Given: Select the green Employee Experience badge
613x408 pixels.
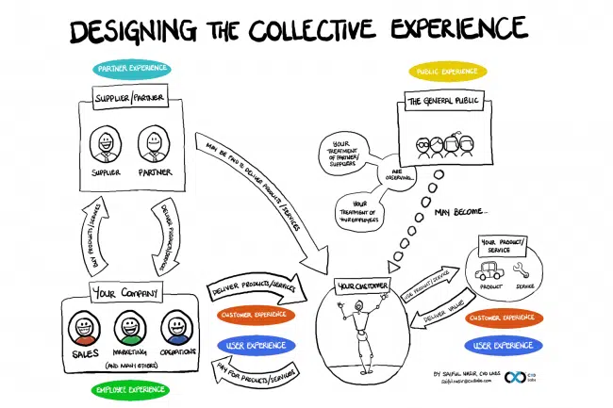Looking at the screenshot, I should (x=132, y=388).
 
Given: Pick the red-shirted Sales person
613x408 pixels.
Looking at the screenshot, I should (x=82, y=329).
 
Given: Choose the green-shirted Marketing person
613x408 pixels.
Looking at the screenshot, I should (x=128, y=329).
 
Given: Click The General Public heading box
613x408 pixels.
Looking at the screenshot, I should (x=446, y=100).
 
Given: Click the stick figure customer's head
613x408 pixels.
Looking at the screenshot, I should (x=359, y=307).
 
